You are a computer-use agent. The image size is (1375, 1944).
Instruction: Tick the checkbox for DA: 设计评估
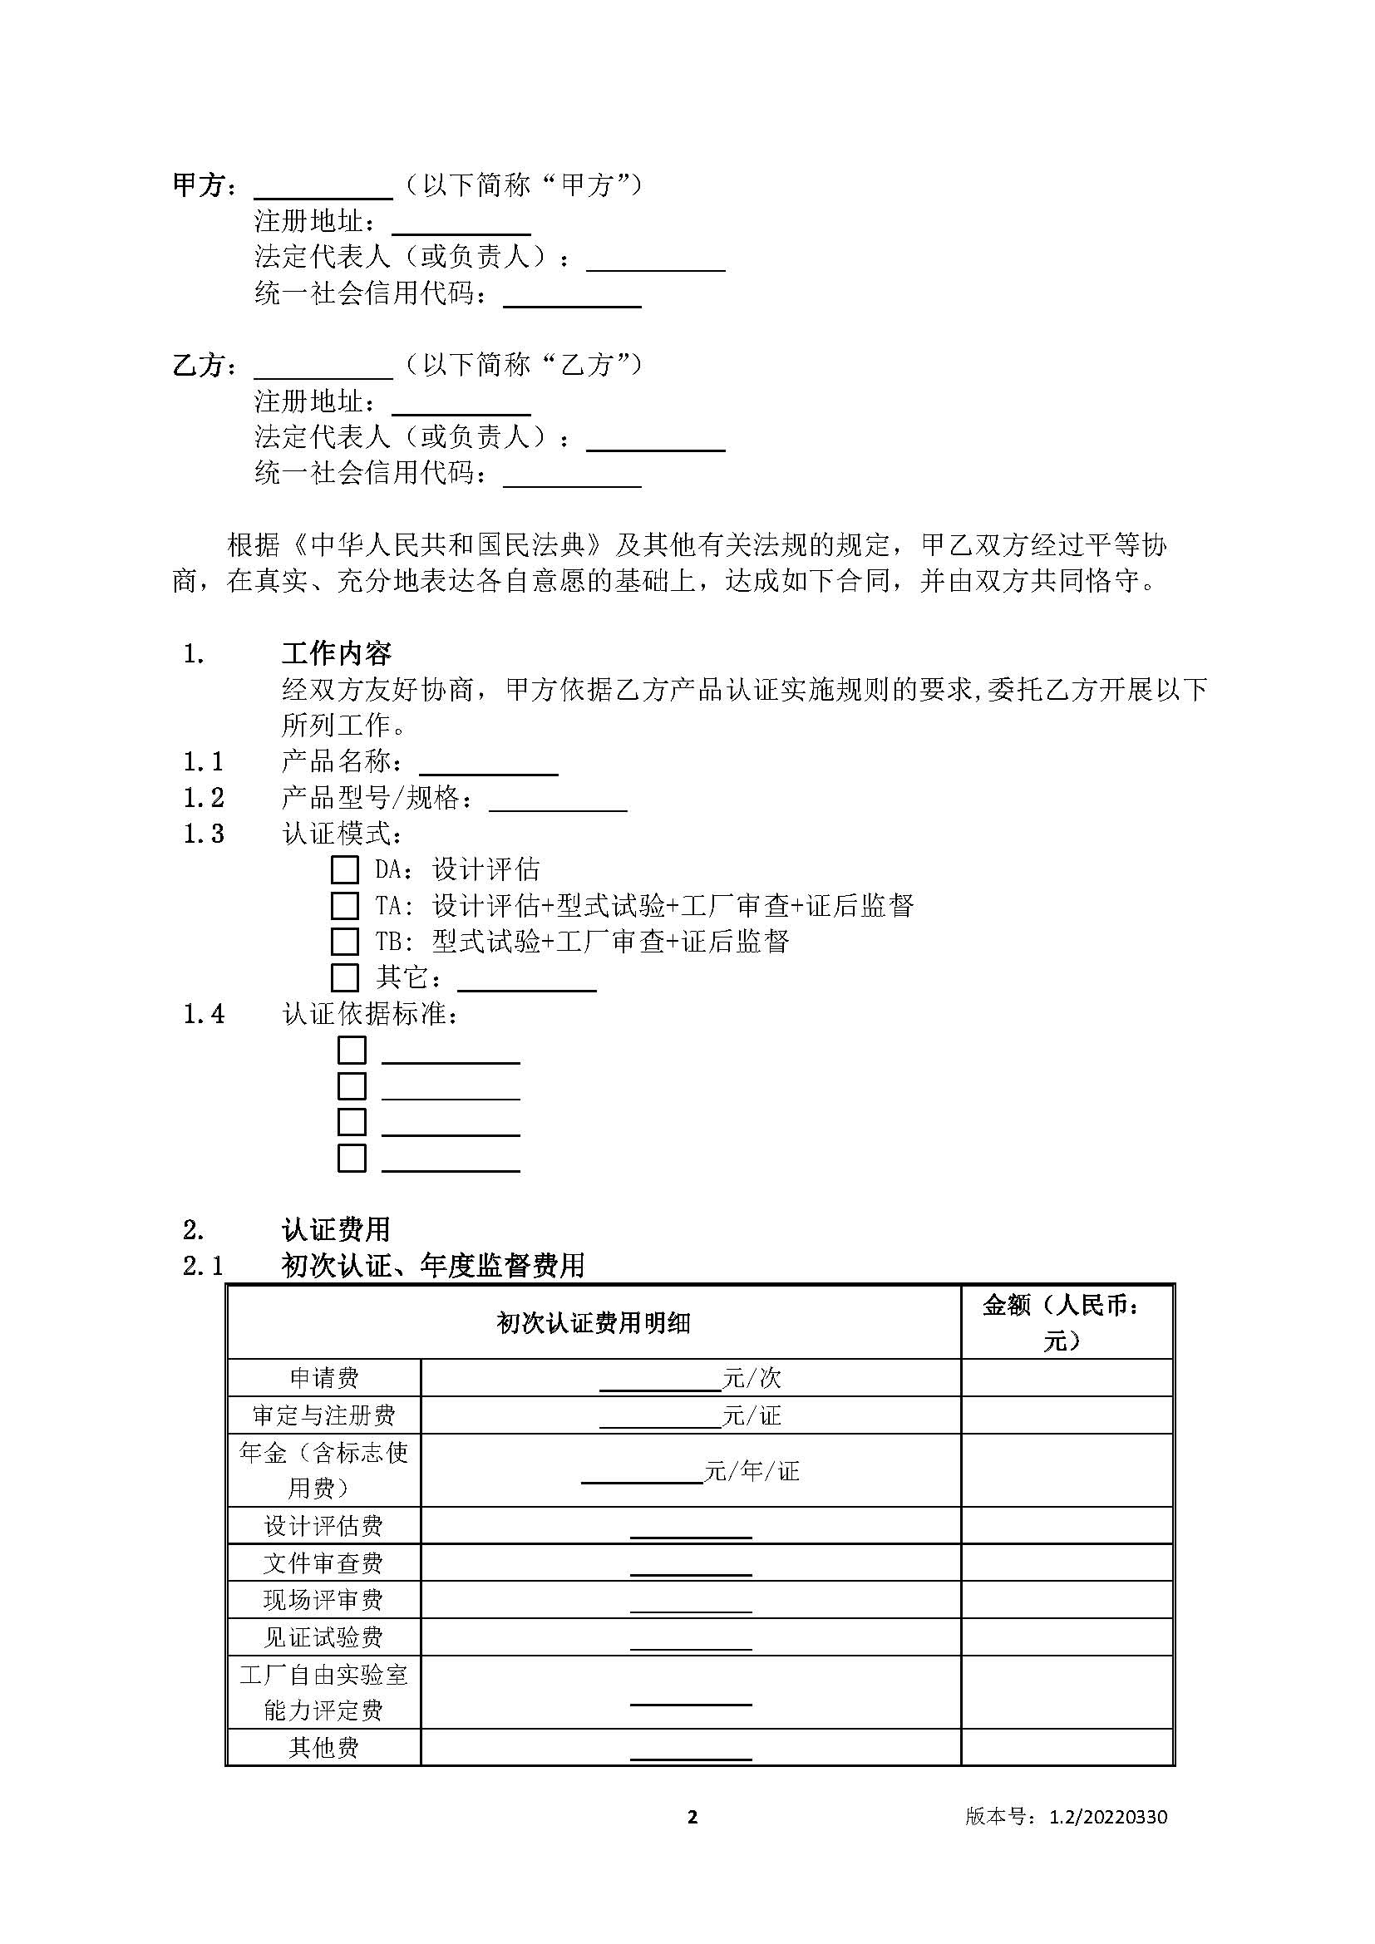point(344,869)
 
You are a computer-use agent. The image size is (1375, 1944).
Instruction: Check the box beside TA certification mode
point(344,906)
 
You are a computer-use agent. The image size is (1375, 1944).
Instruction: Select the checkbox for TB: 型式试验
point(344,942)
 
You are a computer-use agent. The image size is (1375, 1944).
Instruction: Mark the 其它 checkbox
point(344,978)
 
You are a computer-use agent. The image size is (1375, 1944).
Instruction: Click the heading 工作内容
point(336,653)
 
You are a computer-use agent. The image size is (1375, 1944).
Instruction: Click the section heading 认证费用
point(336,1229)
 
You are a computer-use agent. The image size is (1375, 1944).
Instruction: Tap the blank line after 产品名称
point(489,765)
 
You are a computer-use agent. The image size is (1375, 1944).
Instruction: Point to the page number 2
point(692,1817)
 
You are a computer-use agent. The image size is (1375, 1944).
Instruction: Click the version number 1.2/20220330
point(1108,1817)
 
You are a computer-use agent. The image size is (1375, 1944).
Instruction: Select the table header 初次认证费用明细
point(594,1323)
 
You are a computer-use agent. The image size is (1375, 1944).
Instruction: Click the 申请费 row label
point(324,1378)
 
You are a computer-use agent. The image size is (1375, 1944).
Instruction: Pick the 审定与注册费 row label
point(324,1415)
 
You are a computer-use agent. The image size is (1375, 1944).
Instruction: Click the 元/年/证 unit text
point(752,1472)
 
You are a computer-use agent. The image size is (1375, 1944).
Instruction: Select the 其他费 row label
point(324,1748)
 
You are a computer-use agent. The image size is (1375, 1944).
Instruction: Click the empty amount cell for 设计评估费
point(1067,1526)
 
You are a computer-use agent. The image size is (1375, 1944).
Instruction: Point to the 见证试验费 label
point(324,1637)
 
